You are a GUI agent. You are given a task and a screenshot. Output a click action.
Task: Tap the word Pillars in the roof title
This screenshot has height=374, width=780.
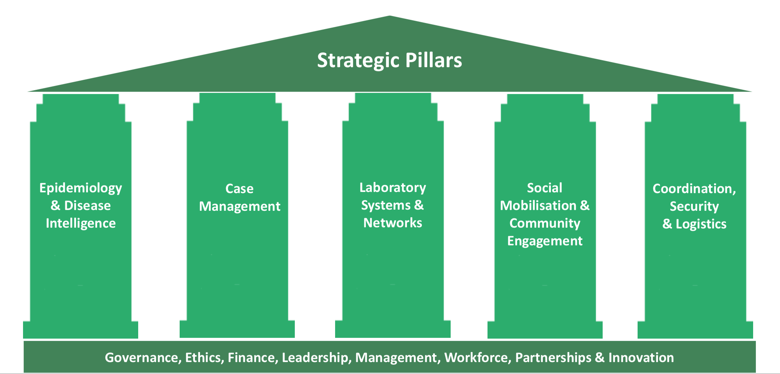coord(433,60)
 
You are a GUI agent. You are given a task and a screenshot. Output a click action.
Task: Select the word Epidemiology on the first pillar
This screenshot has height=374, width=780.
coord(81,188)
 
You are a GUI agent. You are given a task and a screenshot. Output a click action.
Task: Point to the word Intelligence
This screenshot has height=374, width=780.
coord(81,223)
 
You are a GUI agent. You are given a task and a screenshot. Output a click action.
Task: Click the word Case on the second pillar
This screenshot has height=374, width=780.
coord(239,189)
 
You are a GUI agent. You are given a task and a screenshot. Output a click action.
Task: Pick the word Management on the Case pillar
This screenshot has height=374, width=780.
coord(240,207)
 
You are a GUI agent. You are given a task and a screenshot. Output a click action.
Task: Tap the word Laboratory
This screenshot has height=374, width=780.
coord(392,187)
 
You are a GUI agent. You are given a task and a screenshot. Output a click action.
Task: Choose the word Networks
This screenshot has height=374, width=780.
coord(392,223)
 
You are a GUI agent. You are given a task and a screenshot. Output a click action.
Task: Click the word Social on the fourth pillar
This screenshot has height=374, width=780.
coord(544,188)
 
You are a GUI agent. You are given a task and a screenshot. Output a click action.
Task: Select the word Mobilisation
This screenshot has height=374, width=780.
coord(538,205)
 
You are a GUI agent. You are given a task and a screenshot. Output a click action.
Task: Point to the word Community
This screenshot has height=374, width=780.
coord(544,223)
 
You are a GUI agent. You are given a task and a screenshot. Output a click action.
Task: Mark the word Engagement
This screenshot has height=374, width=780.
coord(544,241)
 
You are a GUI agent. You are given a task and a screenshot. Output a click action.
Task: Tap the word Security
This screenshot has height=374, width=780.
coord(694,207)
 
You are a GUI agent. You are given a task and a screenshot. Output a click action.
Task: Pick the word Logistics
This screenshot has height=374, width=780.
coord(701,224)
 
